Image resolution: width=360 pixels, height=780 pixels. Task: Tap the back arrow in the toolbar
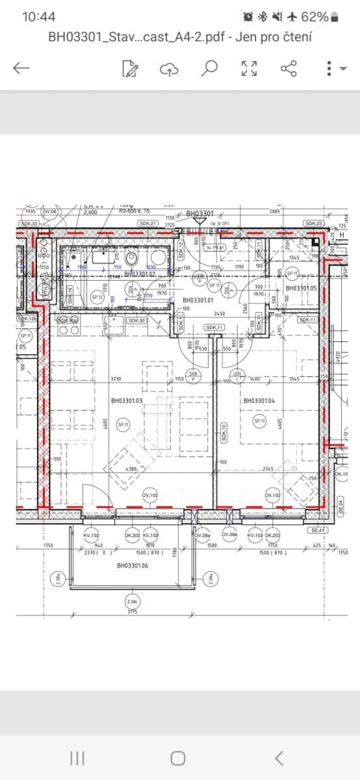pos(21,68)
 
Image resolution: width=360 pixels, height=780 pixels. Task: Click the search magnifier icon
pos(209,68)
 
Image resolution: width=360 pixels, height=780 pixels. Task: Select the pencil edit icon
pos(130,68)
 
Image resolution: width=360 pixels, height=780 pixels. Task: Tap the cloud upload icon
pos(169,68)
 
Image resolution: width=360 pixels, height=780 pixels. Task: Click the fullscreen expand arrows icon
pos(249,68)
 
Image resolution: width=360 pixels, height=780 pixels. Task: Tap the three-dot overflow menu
pos(329,68)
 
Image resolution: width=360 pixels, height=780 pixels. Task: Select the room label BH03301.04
pos(260,401)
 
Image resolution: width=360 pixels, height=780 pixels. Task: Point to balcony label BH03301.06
pos(133,566)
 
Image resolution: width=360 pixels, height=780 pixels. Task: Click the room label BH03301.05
pos(301,287)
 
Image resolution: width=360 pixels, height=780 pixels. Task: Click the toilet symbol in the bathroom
pos(133,258)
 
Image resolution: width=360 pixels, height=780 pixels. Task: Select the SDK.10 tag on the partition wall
pos(223,433)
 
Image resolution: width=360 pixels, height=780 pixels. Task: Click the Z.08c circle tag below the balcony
pos(132,602)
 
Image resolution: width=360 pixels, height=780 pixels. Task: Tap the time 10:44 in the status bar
pos(38,17)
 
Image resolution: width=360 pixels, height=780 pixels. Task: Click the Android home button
pos(178,758)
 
